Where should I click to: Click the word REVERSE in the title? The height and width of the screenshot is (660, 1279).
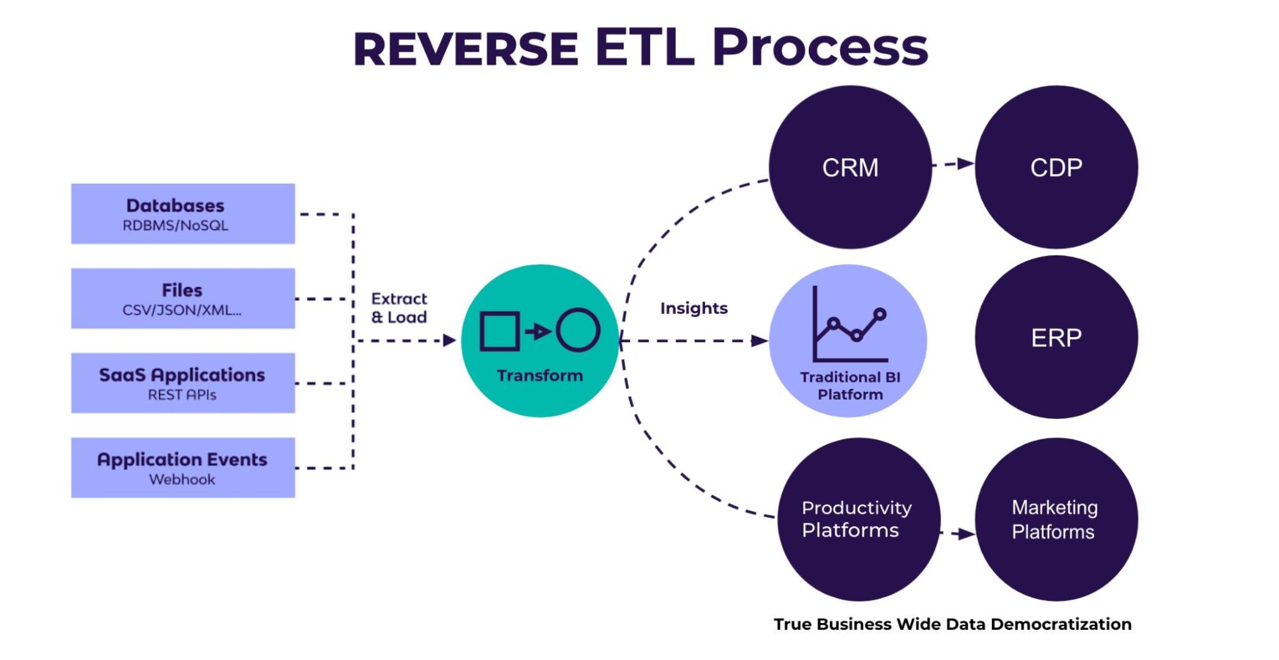click(x=466, y=49)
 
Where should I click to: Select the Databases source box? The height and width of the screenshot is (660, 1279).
click(x=182, y=214)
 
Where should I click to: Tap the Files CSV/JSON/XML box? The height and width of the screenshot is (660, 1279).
click(x=182, y=298)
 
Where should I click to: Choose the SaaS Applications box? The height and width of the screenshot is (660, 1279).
click(x=182, y=382)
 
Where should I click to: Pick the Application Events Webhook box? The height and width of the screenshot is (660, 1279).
click(x=182, y=467)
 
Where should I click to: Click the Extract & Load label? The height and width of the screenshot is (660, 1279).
click(x=399, y=308)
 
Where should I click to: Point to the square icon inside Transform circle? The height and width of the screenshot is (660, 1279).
click(x=499, y=331)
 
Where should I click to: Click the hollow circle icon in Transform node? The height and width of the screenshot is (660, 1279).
click(x=578, y=330)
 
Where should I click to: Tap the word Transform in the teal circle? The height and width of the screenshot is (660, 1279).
click(x=539, y=375)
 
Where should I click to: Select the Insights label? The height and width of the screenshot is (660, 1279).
click(x=694, y=308)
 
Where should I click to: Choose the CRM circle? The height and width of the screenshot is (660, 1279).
click(x=850, y=168)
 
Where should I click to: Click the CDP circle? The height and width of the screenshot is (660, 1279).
click(x=1056, y=168)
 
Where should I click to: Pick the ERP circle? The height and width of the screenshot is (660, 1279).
click(x=1056, y=337)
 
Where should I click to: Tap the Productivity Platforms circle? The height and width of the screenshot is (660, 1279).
click(x=857, y=519)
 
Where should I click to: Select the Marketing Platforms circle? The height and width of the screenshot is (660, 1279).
click(x=1056, y=519)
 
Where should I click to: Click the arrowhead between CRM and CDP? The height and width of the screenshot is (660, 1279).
click(x=965, y=164)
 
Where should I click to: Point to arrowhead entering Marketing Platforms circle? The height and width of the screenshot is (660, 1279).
click(x=966, y=533)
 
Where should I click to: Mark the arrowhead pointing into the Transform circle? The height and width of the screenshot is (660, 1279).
click(x=449, y=340)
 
